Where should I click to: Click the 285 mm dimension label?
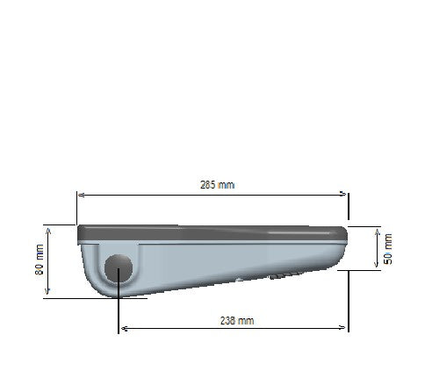(x=217, y=185)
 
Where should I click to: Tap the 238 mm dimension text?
(x=237, y=321)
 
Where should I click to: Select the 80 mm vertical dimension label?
(x=40, y=260)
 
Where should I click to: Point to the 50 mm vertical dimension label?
(x=388, y=249)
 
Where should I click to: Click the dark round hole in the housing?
(x=119, y=268)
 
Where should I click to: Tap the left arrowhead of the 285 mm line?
(x=81, y=195)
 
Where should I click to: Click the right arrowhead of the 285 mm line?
(x=342, y=194)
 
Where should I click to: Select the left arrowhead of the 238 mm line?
(x=125, y=329)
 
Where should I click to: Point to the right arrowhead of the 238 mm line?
(x=342, y=328)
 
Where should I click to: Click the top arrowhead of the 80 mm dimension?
(x=48, y=232)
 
